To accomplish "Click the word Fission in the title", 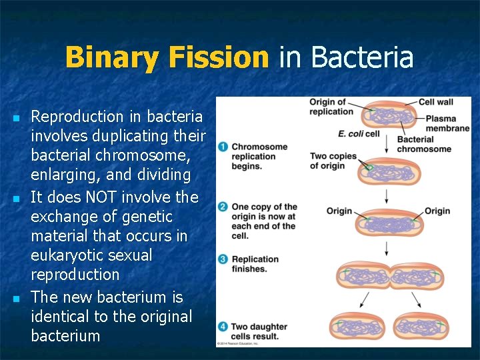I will [x=219, y=57].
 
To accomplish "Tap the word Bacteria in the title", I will [x=362, y=57].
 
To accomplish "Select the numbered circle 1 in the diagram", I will [x=223, y=147].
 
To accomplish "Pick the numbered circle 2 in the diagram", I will [x=223, y=207].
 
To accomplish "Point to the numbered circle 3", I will [x=223, y=259].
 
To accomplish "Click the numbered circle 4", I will [x=223, y=327].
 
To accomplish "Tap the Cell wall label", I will [x=436, y=102].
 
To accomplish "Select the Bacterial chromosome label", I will [x=423, y=144].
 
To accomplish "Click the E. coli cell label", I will [x=358, y=133].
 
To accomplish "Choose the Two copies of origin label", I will [x=333, y=161].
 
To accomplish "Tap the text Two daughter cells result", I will [x=259, y=331].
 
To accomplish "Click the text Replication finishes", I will [x=255, y=264].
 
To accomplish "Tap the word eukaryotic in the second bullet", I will [x=66, y=255].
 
